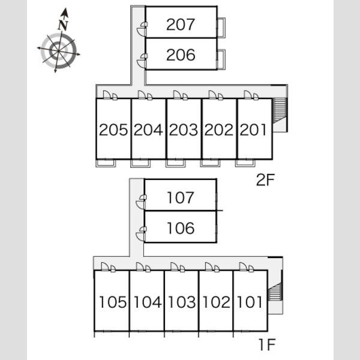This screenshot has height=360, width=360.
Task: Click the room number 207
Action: click(x=181, y=25)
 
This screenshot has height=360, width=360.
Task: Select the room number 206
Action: click(x=181, y=55)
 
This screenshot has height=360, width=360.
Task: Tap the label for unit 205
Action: click(x=113, y=130)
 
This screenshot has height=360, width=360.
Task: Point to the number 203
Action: click(x=184, y=130)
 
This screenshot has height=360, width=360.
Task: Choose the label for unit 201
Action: click(x=253, y=130)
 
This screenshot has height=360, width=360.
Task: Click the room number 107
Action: click(x=181, y=197)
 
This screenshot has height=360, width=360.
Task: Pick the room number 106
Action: click(x=181, y=228)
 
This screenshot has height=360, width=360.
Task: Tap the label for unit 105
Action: click(x=113, y=302)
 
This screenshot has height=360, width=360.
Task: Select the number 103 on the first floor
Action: click(x=182, y=302)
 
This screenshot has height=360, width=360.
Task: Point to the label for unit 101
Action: click(x=250, y=302)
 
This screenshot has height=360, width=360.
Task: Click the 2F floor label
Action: click(x=265, y=180)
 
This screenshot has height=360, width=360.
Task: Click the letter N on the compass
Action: click(x=63, y=25)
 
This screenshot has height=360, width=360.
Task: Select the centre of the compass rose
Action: click(x=59, y=51)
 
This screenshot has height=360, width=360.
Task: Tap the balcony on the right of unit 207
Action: click(x=221, y=28)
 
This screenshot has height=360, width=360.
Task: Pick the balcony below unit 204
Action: click(x=140, y=163)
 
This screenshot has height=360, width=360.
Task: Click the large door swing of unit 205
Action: click(x=107, y=95)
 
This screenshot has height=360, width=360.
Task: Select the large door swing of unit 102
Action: click(x=209, y=267)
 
